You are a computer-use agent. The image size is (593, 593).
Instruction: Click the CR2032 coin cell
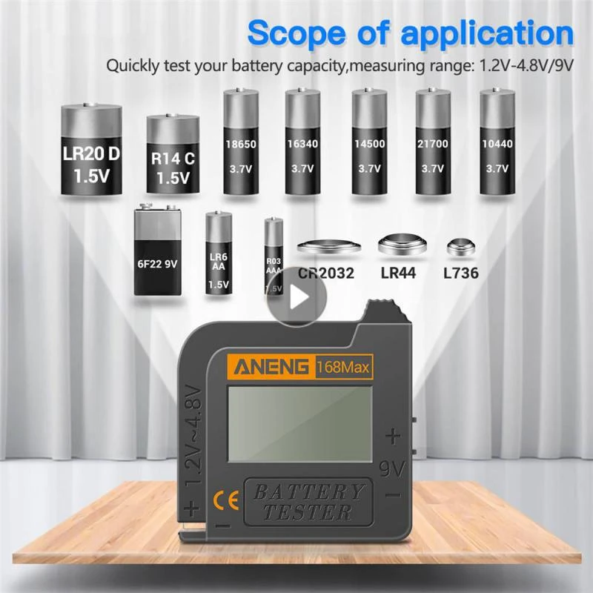coord(327,245)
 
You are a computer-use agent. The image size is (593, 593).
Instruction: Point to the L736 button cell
coord(459,246)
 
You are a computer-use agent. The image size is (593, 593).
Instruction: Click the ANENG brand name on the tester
coord(272,365)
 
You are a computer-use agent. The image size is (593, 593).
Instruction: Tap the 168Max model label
coord(343,365)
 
